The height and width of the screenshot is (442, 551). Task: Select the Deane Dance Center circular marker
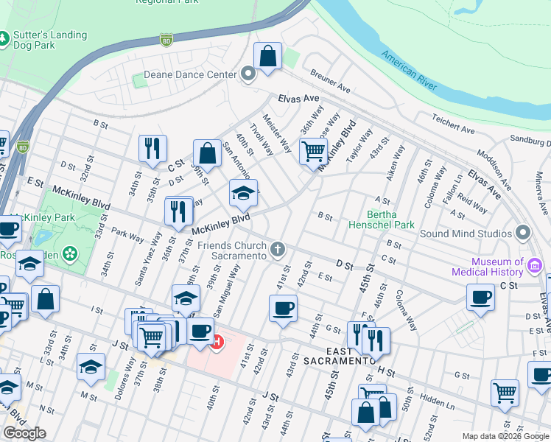[248, 74]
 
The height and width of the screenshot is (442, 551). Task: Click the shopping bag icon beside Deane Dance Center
[268, 56]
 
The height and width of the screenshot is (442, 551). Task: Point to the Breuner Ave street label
[330, 81]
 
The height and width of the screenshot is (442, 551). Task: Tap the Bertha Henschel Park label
[382, 219]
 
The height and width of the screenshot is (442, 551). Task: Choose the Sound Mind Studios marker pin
[524, 234]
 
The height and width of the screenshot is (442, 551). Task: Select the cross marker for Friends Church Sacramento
[278, 250]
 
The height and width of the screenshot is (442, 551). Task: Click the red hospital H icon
[217, 342]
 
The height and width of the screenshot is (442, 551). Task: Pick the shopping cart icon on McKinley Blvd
[313, 152]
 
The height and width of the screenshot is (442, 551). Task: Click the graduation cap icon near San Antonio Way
[243, 193]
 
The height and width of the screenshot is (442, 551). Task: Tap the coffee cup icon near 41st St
[283, 308]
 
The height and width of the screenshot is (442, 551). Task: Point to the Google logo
[24, 433]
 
